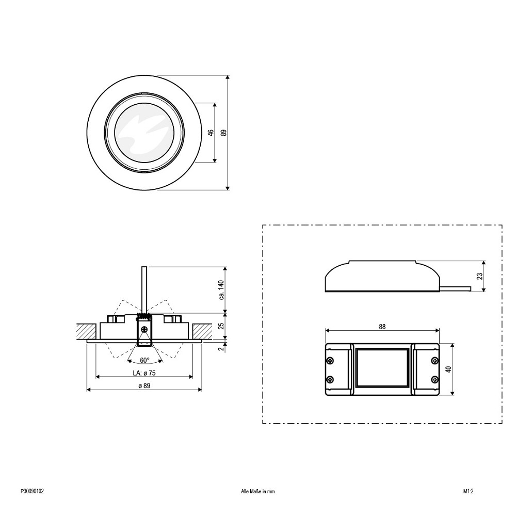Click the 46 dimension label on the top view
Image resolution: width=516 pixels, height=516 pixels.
(211, 132)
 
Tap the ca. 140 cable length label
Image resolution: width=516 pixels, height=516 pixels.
(221, 290)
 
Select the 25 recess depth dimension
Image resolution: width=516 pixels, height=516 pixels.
(221, 326)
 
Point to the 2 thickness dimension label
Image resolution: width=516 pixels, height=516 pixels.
(221, 347)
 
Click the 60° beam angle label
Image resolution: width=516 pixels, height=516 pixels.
(145, 360)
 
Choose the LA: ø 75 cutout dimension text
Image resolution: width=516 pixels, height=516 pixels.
(144, 373)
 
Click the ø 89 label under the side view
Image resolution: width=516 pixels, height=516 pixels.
(144, 385)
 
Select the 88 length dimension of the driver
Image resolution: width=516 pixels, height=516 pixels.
(382, 327)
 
